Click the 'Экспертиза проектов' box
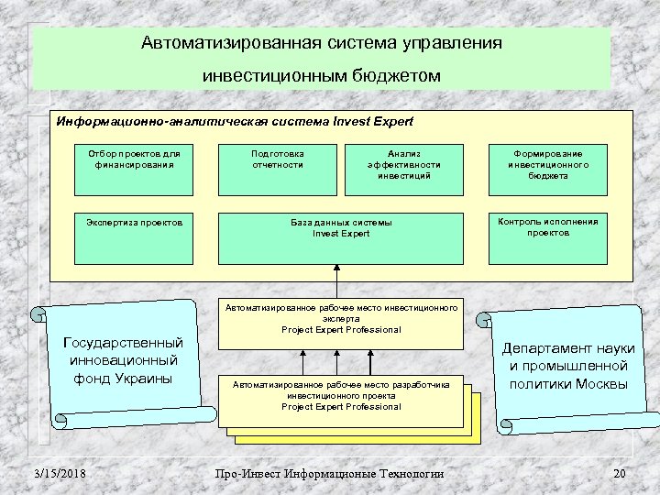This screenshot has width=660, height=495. tap(134, 236)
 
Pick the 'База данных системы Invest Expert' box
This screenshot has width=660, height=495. tap(341, 236)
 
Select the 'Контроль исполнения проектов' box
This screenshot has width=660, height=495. tap(548, 236)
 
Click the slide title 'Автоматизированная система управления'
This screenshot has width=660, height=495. tap(322, 42)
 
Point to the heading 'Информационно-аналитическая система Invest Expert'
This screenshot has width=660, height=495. tap(235, 121)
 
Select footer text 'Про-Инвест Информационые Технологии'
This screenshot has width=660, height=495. tap(329, 473)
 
